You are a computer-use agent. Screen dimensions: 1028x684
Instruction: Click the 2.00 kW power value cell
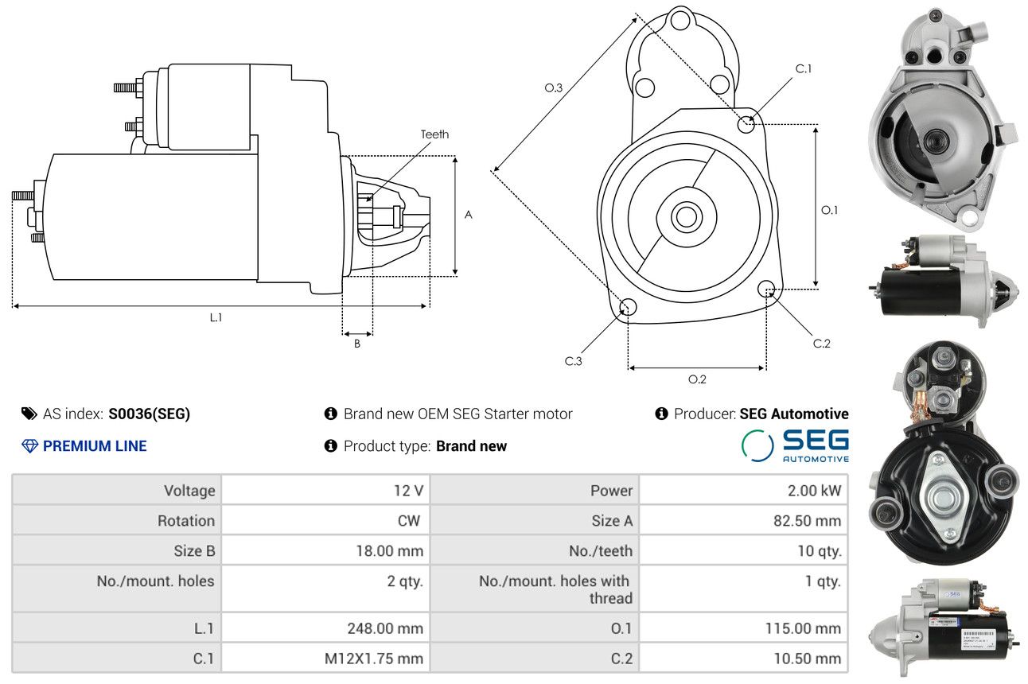tap(814, 491)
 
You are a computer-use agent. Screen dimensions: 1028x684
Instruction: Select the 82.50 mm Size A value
tap(808, 521)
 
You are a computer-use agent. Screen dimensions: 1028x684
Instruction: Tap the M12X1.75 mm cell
tap(374, 659)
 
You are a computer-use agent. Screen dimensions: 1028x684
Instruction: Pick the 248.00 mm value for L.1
tap(385, 628)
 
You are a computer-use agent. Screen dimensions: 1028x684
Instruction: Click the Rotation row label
tap(186, 521)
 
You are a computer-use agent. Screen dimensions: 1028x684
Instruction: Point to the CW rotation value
tap(408, 521)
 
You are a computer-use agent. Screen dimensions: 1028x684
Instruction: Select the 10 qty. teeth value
tap(820, 550)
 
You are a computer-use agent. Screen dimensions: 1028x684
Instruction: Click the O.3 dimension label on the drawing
tap(554, 87)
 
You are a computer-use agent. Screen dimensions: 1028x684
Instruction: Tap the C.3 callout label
tap(573, 361)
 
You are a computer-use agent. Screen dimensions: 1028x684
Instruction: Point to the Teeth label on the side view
tap(434, 134)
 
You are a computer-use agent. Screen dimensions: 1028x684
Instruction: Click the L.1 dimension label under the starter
tap(216, 317)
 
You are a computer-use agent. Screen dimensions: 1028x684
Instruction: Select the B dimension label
tap(357, 344)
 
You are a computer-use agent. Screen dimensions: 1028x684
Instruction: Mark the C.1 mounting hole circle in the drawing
tap(746, 124)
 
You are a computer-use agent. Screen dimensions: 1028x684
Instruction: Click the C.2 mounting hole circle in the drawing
tap(766, 289)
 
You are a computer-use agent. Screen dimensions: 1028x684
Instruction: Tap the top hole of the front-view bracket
tap(680, 20)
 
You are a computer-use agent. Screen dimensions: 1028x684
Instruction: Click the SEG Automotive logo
tap(795, 445)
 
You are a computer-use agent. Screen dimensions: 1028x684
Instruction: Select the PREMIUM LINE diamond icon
tap(29, 446)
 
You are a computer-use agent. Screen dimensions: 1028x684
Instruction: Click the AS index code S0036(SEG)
tap(149, 414)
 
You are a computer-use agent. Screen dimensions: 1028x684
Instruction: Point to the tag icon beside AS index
tap(29, 414)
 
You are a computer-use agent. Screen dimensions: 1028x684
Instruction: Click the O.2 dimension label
tap(697, 379)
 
